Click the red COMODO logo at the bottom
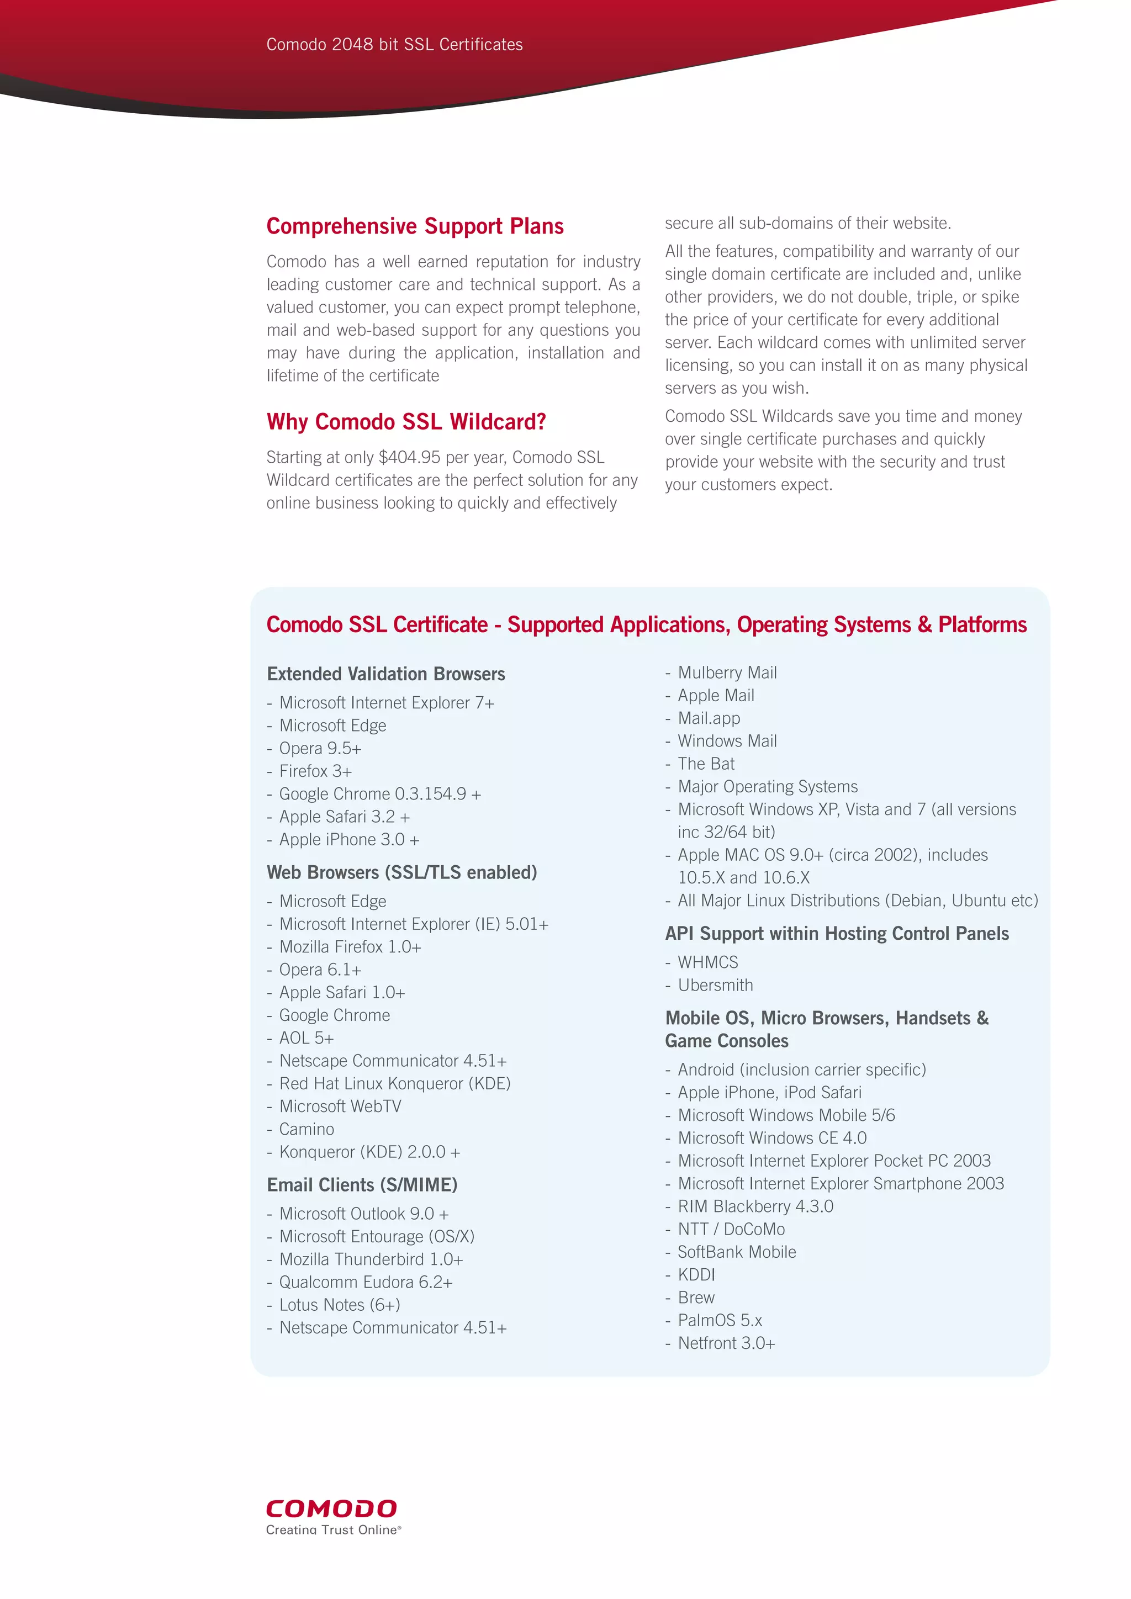331,1508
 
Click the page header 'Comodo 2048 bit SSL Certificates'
394,45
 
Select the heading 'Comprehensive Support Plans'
415,226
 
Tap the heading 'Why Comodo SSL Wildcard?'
406,422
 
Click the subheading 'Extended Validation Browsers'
386,674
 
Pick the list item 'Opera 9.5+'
320,749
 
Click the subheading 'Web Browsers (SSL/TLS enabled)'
402,872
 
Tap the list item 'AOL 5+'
306,1039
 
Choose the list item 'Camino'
306,1130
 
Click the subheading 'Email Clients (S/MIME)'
362,1185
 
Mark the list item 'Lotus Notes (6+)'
340,1305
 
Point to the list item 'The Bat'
706,764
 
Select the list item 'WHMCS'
707,962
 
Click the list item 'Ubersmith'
715,986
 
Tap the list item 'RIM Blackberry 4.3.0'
755,1207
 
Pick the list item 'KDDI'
696,1275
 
